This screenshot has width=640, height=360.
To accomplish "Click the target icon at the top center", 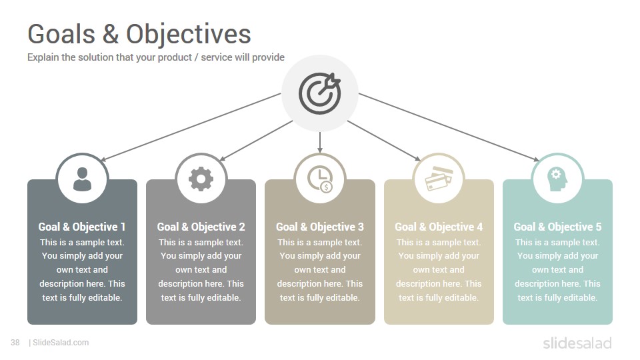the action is click(x=319, y=93).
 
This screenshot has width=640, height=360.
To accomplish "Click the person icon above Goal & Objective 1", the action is click(x=82, y=179).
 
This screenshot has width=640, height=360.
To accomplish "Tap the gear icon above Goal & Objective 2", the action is click(x=201, y=179).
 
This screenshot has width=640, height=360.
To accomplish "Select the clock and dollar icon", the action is click(x=320, y=179).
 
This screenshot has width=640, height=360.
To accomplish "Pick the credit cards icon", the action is click(x=439, y=179).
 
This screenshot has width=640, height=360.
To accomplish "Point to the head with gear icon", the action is click(x=557, y=179).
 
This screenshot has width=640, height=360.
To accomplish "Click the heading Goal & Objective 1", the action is click(x=82, y=227).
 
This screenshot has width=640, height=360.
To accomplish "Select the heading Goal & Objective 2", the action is click(x=201, y=227).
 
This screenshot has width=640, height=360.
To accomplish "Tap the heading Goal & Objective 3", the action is click(x=320, y=227).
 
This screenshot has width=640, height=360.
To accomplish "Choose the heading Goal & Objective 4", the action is click(x=439, y=227).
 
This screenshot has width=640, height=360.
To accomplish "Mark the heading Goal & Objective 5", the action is click(x=557, y=227).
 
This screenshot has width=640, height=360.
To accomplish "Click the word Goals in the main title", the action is click(x=61, y=34).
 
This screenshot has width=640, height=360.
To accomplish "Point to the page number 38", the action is click(x=15, y=343).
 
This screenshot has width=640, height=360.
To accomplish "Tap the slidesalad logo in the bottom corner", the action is click(x=577, y=343).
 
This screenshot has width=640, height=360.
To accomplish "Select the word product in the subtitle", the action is click(x=175, y=57).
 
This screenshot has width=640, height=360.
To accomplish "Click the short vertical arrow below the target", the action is click(x=320, y=142).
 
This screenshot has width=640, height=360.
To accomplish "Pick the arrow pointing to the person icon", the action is click(x=191, y=127).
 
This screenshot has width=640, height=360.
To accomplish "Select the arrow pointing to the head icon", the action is click(x=449, y=127).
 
